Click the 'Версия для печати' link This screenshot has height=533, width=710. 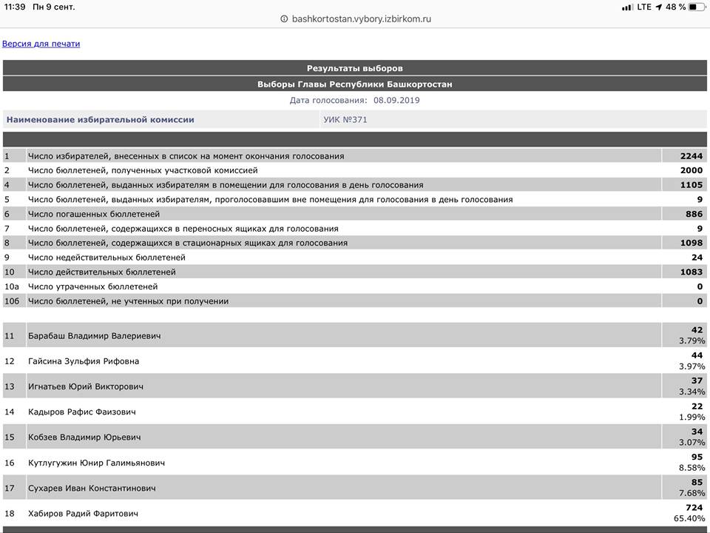coord(41,44)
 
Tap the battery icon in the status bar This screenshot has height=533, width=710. coord(697,7)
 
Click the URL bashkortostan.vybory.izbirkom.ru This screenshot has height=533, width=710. coord(361,19)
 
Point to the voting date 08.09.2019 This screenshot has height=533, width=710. coord(396,100)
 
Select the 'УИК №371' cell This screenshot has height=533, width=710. coord(345,119)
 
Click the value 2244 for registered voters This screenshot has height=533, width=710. coord(692,156)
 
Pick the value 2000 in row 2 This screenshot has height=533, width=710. coord(692,170)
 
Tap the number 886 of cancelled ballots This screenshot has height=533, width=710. coord(694,214)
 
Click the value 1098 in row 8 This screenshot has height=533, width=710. coord(692,243)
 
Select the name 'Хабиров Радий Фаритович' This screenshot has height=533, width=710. coord(83,513)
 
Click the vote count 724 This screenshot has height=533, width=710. coord(694,508)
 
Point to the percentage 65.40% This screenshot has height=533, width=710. coord(691,519)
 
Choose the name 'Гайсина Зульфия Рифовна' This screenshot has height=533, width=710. coord(84,361)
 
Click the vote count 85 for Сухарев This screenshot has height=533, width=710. coord(697,483)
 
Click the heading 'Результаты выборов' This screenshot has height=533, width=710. coord(355,68)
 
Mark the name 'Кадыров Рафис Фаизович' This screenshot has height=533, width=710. coord(81,412)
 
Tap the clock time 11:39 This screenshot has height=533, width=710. coord(15,7)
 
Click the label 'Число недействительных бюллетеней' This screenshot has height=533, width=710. coord(106,258)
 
